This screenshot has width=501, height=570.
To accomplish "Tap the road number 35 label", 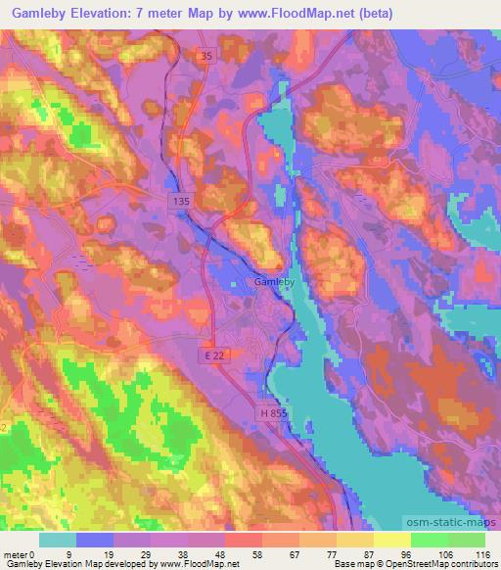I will pyautogui.click(x=203, y=58).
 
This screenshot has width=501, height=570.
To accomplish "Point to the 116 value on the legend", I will pyautogui.click(x=481, y=553).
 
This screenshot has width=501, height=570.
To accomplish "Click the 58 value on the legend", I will pyautogui.click(x=231, y=553).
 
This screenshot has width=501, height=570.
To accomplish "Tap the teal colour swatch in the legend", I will pyautogui.click(x=59, y=540).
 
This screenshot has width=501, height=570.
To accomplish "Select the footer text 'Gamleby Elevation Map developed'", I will pyautogui.click(x=64, y=564).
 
